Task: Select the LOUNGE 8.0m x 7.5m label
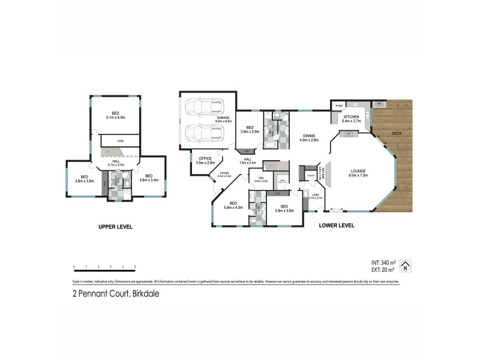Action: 362,174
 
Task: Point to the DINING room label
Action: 309,137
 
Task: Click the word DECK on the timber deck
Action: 397,133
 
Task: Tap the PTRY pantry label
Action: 338,107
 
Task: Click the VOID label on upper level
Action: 120,140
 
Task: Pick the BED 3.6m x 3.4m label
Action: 148,178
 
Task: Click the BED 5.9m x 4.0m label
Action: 233,205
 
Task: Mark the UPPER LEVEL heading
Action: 115,227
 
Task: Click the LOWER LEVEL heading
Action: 337,226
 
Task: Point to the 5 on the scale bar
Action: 135,266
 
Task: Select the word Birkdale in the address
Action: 144,294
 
